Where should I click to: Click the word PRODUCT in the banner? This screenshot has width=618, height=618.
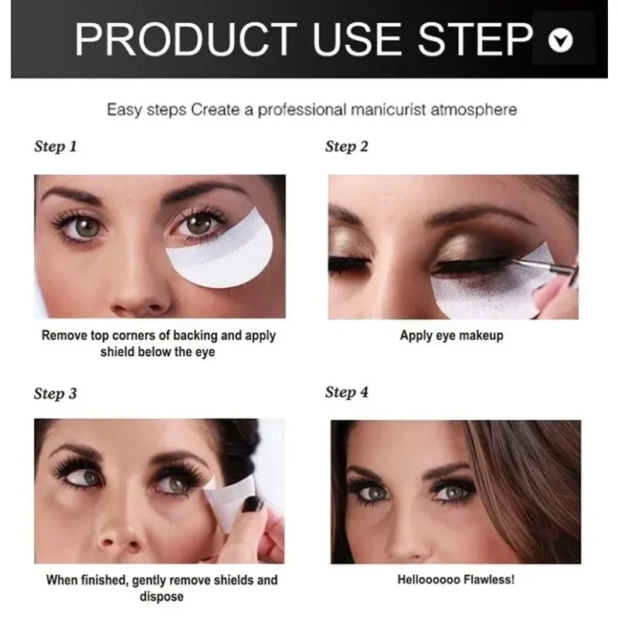(x=186, y=39)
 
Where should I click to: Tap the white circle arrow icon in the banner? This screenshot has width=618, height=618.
(x=560, y=40)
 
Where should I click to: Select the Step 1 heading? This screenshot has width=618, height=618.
(x=55, y=147)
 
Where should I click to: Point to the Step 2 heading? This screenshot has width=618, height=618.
(x=346, y=147)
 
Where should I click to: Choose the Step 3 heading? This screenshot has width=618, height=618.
(x=55, y=394)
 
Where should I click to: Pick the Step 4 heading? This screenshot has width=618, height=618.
(x=346, y=392)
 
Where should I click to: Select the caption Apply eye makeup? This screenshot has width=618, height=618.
(x=452, y=336)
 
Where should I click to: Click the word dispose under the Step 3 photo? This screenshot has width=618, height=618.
(x=161, y=596)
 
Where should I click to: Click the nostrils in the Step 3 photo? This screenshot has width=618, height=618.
(x=119, y=545)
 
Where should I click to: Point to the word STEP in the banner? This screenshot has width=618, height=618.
(x=475, y=39)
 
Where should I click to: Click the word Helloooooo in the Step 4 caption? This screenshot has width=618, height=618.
(x=429, y=580)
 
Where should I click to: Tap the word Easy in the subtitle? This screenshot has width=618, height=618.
(x=124, y=110)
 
